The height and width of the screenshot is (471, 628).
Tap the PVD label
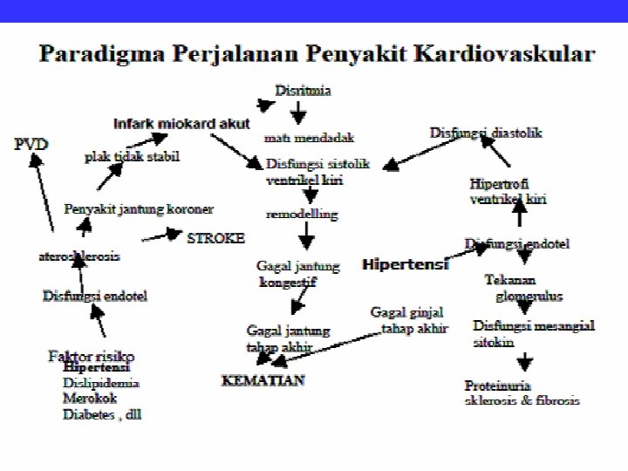(x=31, y=143)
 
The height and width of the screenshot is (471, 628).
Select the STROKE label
(x=215, y=237)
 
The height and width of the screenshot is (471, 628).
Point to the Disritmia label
(x=303, y=90)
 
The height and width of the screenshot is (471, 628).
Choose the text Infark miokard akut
(x=181, y=122)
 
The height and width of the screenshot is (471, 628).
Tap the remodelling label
(x=302, y=214)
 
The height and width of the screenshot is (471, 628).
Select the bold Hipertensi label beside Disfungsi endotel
(x=406, y=263)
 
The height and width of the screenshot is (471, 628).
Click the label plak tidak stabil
(x=132, y=157)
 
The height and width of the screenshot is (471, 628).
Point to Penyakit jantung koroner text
(x=139, y=209)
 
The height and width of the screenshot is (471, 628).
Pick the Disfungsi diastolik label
(x=486, y=133)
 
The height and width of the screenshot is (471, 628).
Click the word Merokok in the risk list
(x=88, y=399)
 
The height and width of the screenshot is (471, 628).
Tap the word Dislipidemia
(x=101, y=383)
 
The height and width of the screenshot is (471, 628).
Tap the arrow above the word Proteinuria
(x=527, y=360)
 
